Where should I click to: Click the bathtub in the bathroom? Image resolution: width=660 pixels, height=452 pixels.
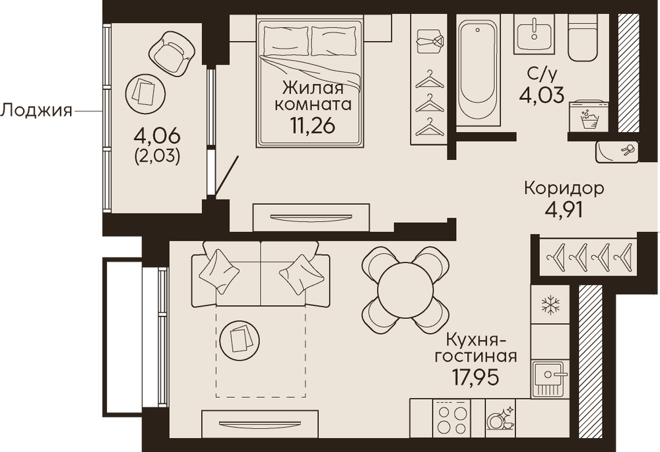tap(478, 69)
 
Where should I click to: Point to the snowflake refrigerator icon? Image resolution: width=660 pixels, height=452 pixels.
tap(550, 305)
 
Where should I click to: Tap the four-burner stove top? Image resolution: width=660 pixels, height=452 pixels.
tap(451, 418)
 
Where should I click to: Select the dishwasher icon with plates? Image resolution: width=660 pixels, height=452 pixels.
tap(500, 418)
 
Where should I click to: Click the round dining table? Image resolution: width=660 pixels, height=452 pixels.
tap(405, 289)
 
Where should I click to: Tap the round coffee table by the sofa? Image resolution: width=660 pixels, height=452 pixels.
tap(240, 340)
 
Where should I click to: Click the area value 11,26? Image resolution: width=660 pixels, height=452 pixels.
tap(312, 125)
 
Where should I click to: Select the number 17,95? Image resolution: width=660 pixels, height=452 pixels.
tap(475, 377)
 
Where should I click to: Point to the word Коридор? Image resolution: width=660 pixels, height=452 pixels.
tap(564, 188)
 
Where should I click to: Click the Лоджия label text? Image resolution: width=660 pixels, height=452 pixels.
tap(36, 111)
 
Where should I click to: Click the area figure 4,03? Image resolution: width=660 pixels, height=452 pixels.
tap(541, 95)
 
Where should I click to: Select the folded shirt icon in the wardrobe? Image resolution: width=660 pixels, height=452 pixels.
tap(430, 41)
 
